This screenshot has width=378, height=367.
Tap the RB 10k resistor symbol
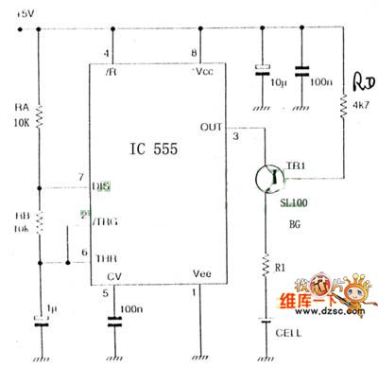point(38,220)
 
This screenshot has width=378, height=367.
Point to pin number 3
point(236,138)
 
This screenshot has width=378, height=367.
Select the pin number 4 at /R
point(107,54)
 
